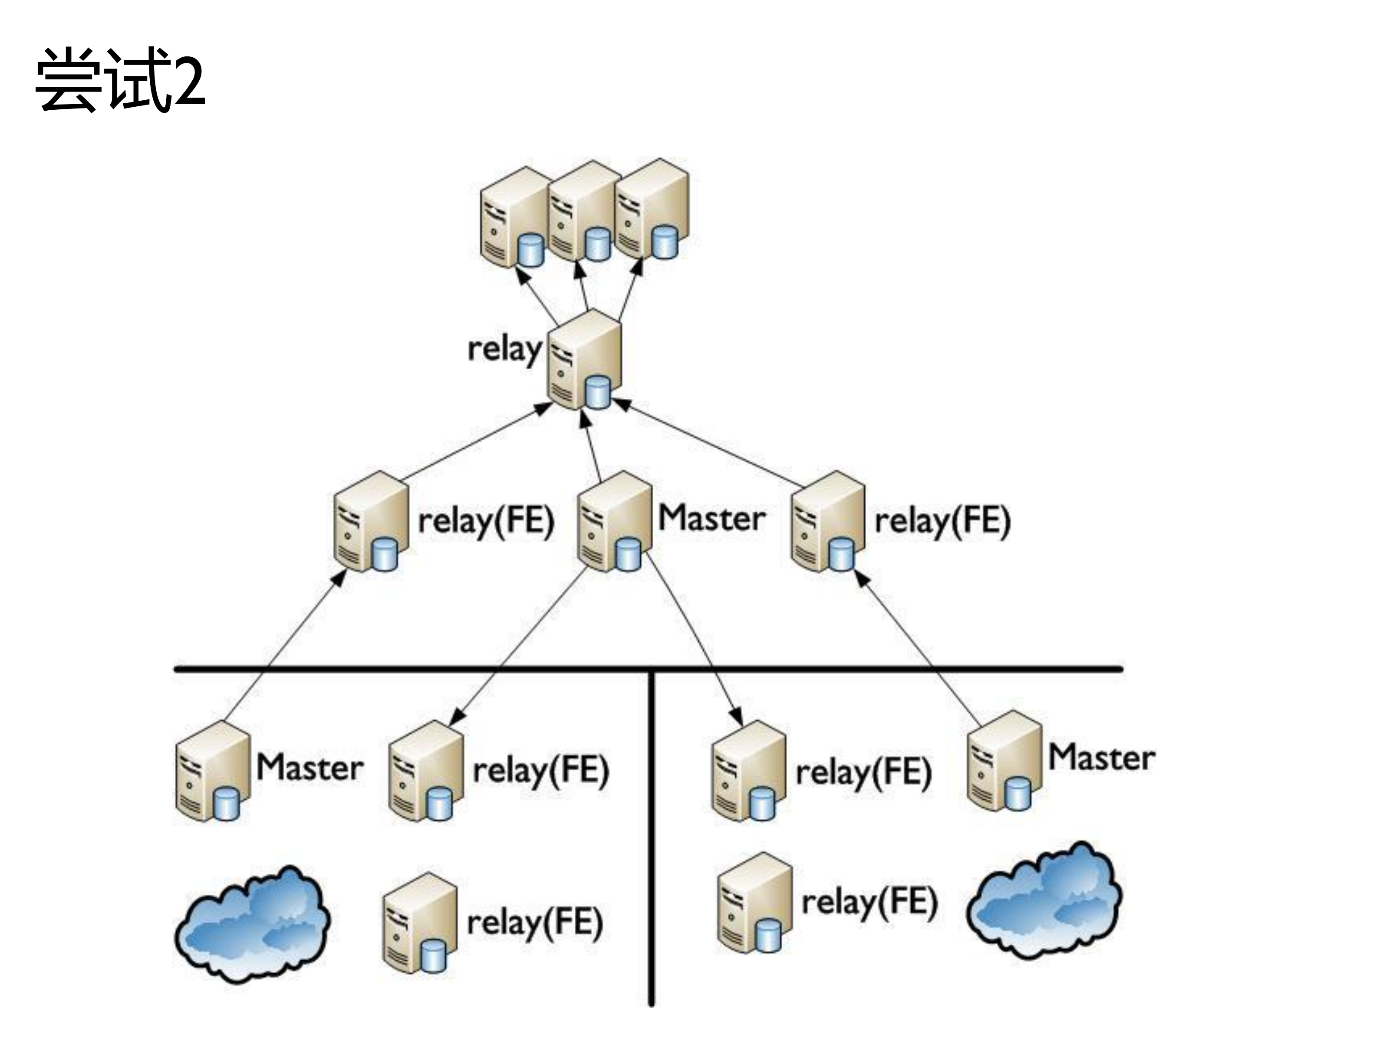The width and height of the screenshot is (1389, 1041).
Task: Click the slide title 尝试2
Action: [x=119, y=80]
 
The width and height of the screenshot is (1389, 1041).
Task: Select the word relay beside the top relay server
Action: [x=504, y=348]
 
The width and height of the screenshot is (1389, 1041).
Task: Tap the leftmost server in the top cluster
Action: [x=513, y=217]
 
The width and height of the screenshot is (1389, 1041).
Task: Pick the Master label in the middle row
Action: [x=711, y=519]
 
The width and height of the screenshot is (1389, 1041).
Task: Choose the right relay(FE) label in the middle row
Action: [x=942, y=521]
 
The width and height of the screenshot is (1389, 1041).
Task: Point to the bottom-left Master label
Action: [x=309, y=767]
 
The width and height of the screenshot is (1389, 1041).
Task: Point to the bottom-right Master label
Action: [x=1101, y=757]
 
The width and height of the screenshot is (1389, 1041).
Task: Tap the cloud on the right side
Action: [x=1043, y=901]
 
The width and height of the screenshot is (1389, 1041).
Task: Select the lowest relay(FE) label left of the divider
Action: [x=534, y=923]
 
